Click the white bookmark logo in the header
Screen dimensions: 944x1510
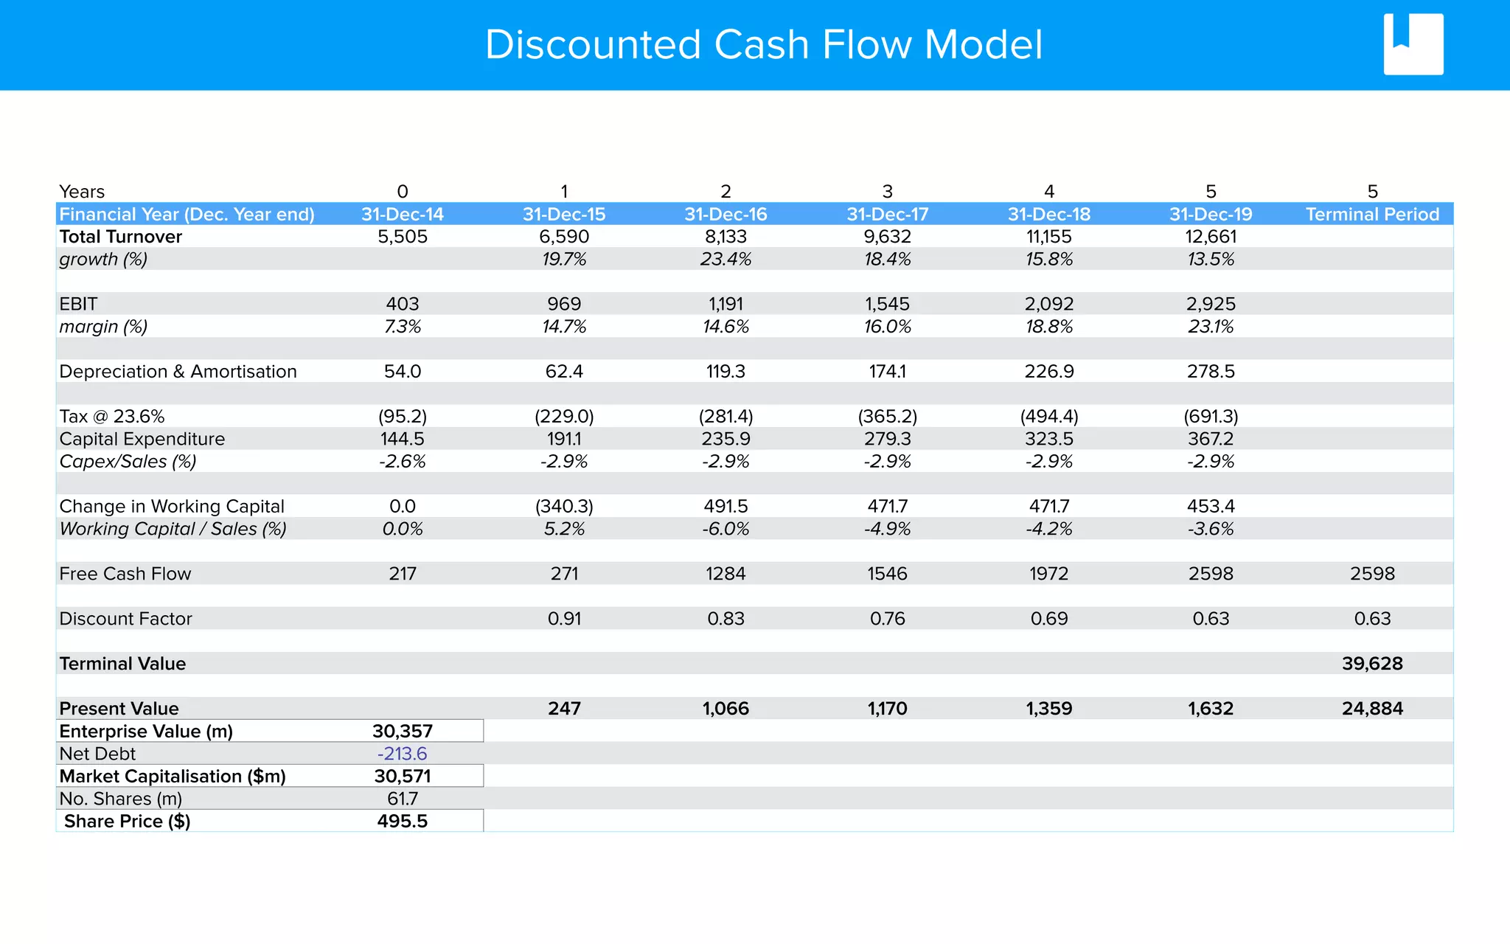(x=1413, y=44)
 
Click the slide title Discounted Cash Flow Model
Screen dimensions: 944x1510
(x=763, y=45)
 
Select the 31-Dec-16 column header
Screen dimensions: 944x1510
(x=726, y=215)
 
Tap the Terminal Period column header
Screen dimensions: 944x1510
(x=1372, y=215)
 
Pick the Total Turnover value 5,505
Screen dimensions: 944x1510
(x=403, y=237)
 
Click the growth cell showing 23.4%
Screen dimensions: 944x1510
(x=726, y=260)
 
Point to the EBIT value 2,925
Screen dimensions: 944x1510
(x=1211, y=304)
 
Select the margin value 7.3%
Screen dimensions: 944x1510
(x=403, y=327)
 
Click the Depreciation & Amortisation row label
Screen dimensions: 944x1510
(x=178, y=372)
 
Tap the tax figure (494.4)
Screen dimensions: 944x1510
(x=1049, y=417)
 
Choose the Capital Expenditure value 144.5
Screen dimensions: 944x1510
(x=403, y=439)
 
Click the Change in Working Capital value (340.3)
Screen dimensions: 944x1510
(x=564, y=507)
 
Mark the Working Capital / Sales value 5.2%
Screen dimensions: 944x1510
(x=564, y=529)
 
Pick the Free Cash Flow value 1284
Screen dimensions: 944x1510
(x=726, y=574)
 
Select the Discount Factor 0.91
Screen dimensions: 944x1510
(x=564, y=619)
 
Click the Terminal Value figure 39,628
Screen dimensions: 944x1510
(x=1372, y=664)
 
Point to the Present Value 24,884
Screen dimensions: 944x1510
(x=1372, y=709)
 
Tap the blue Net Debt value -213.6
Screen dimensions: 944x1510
(x=403, y=754)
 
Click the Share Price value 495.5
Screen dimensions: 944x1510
(x=403, y=822)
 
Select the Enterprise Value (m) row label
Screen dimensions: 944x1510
(x=146, y=732)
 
